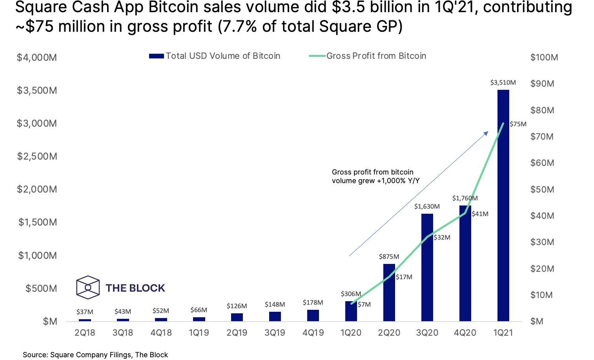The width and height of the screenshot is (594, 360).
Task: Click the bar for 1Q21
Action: click(503, 205)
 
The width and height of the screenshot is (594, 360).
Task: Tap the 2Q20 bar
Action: click(389, 293)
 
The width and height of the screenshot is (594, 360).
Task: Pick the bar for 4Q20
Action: click(465, 263)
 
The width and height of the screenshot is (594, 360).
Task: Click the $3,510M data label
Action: click(503, 83)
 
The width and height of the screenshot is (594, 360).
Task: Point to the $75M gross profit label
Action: click(518, 124)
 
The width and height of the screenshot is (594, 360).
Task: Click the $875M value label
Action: click(389, 257)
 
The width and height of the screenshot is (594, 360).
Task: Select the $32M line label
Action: click(442, 238)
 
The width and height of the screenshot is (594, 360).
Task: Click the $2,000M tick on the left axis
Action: click(37, 189)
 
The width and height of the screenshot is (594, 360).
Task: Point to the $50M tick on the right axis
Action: click(542, 189)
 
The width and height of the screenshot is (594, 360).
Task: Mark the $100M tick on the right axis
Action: click(544, 58)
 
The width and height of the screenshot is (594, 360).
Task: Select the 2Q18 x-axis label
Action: click(85, 333)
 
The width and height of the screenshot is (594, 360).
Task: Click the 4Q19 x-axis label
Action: click(313, 333)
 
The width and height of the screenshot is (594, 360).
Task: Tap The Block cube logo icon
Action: click(88, 287)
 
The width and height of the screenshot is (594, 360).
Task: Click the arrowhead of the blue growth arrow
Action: click(486, 133)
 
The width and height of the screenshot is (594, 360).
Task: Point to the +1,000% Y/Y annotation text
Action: click(375, 181)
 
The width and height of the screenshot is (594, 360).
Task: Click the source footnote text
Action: click(95, 355)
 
